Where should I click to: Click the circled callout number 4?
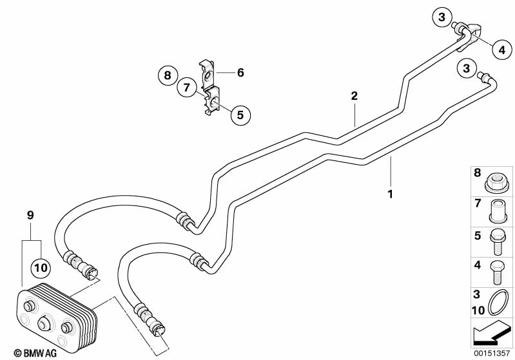pos(502,50)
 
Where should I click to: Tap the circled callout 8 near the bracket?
pos(168,75)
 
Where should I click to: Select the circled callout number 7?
pos(186,88)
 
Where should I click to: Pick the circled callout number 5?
pos(240,115)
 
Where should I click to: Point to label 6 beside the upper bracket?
pos(241,73)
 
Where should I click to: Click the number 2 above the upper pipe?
pos(354,96)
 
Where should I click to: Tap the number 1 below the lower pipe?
pos(390,194)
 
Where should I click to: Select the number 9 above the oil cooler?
pos(30,215)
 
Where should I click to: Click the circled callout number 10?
pos(41,268)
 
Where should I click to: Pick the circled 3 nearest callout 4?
pos(442,16)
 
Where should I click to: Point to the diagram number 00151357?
pos(491,353)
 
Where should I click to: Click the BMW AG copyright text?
pos(35,353)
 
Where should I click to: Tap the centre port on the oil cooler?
pos(43,323)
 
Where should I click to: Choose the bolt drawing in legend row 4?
pos(496,272)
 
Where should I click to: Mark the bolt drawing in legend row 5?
pos(496,242)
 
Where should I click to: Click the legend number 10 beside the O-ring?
pos(478,310)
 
